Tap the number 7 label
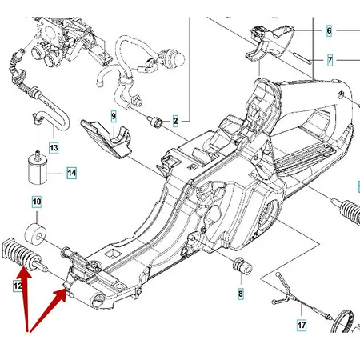(x=329, y=60)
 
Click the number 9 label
(x=114, y=117)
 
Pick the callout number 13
(x=54, y=148)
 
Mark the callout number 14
(x=71, y=172)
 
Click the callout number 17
(x=302, y=326)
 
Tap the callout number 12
(x=17, y=285)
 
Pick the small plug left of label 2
(x=155, y=121)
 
